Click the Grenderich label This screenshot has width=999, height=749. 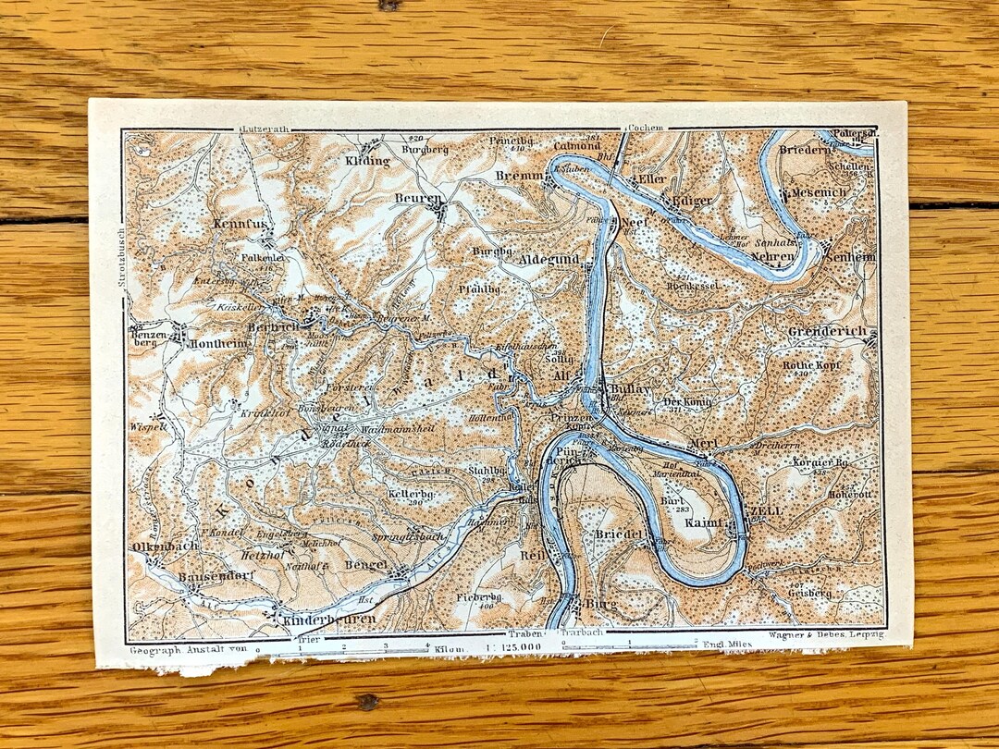pyautogui.click(x=827, y=331)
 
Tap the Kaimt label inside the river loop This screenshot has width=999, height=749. pyautogui.click(x=704, y=523)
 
